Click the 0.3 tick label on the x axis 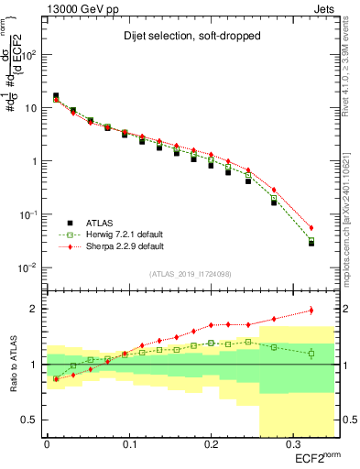(x=292, y=444)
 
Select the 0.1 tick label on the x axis (x=128, y=444)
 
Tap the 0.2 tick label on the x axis (x=210, y=444)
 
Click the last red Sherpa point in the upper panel (x=311, y=228)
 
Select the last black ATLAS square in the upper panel (x=311, y=244)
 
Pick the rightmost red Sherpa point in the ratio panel (x=311, y=311)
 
